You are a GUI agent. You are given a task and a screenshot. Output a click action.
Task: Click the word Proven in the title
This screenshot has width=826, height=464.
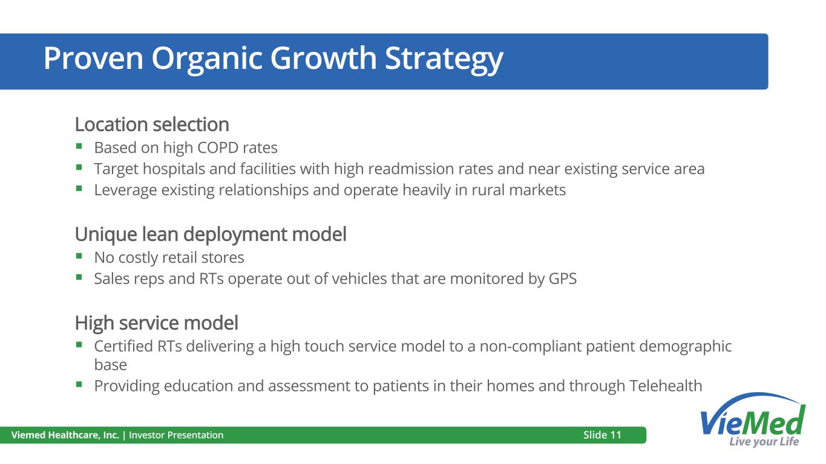(93, 58)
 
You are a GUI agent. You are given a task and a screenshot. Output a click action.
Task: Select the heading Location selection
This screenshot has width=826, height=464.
(152, 124)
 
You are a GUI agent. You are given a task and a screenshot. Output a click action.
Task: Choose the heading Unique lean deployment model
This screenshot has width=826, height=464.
(211, 234)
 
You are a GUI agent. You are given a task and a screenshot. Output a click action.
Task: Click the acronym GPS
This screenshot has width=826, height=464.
(563, 279)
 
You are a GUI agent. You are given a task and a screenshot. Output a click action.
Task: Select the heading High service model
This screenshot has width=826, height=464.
(156, 323)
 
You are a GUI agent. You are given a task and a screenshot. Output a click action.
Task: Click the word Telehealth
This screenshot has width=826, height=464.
(666, 386)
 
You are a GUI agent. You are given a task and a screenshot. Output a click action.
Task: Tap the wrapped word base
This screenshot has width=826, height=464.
(110, 365)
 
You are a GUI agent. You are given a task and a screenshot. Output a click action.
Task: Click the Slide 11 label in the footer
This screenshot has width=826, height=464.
(602, 435)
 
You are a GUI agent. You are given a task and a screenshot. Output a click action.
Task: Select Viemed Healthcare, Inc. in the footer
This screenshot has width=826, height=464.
(65, 435)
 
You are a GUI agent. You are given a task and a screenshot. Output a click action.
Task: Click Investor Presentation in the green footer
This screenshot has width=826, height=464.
(176, 435)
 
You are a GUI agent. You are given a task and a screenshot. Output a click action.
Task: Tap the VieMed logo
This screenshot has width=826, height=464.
(753, 420)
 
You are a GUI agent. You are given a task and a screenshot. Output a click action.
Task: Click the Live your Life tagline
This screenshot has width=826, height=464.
(764, 442)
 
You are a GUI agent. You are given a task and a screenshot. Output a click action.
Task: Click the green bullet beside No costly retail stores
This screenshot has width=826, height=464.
(79, 256)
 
